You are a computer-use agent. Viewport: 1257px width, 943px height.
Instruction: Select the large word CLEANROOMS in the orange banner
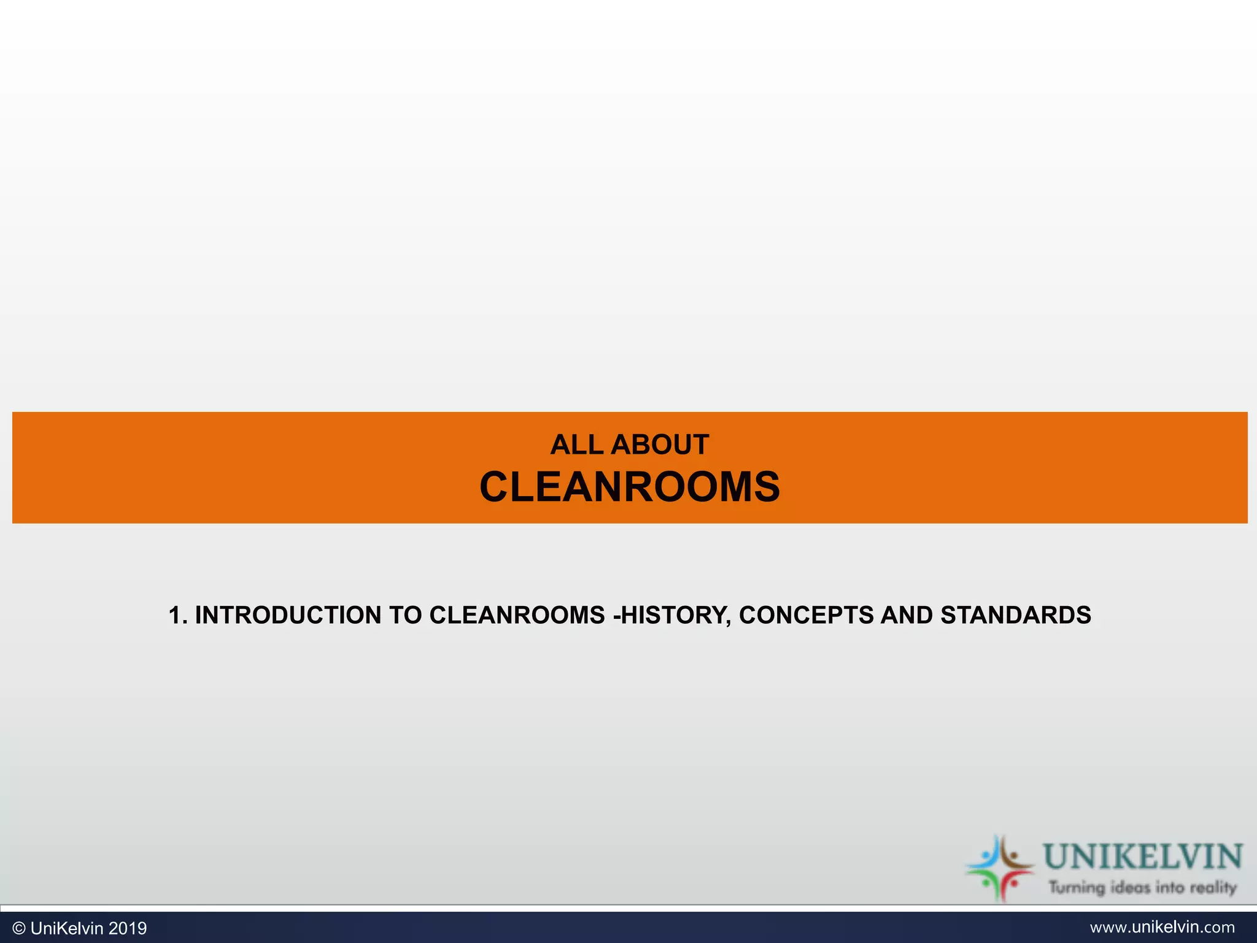coord(629,487)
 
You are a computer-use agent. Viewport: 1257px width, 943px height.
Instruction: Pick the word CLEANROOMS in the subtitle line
coord(517,615)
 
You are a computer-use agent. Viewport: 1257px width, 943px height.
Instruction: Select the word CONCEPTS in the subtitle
coord(806,615)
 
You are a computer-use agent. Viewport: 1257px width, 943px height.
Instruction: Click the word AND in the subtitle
coord(907,615)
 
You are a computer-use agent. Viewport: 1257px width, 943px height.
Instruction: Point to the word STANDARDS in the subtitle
coord(1016,615)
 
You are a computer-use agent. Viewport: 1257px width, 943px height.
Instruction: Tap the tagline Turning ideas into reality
coord(1142,887)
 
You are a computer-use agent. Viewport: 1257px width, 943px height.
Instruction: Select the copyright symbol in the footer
coord(18,928)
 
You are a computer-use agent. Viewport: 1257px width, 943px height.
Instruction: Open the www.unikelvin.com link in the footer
coord(1162,927)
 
